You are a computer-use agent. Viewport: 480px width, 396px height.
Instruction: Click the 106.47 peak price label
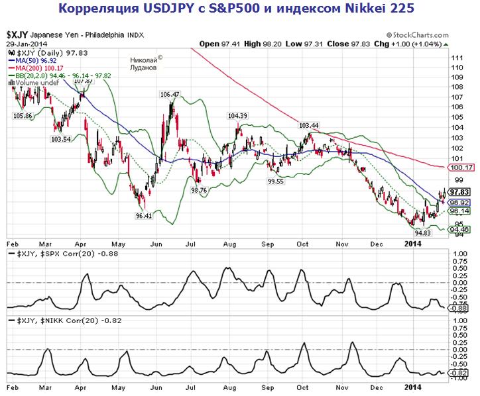170,95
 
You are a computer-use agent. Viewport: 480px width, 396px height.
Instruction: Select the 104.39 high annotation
237,116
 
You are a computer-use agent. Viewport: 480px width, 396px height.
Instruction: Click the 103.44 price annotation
309,125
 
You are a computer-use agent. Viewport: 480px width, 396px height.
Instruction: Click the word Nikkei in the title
358,9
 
